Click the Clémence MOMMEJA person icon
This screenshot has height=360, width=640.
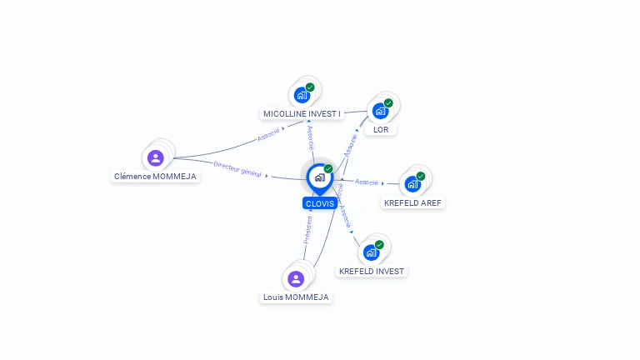[x=155, y=157]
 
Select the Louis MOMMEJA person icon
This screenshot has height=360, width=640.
[x=295, y=279]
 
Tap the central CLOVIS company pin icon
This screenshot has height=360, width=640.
[x=319, y=177]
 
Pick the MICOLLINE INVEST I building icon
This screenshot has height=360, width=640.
[x=302, y=95]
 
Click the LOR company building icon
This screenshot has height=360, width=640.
[x=380, y=111]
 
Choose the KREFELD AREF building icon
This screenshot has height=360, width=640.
[x=412, y=184]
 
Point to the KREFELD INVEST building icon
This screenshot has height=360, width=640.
[x=371, y=252]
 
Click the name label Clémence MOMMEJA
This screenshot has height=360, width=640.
[x=155, y=177]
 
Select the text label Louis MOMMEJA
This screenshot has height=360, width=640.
[x=296, y=297]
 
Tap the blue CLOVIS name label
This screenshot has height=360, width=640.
[x=320, y=203]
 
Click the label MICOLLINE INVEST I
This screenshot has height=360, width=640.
[x=302, y=113]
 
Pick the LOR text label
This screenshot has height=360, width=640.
[x=381, y=129]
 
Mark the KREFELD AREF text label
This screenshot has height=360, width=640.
[x=413, y=202]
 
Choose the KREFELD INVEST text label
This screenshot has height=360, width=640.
[x=372, y=271]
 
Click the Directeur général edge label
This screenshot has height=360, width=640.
[x=237, y=169]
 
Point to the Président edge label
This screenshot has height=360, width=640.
[x=307, y=230]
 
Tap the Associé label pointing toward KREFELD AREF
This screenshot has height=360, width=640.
[x=367, y=182]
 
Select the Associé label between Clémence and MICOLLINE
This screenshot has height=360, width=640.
[x=268, y=134]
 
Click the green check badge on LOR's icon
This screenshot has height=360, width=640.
[x=388, y=103]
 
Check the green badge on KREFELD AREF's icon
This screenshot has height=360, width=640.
[x=421, y=176]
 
